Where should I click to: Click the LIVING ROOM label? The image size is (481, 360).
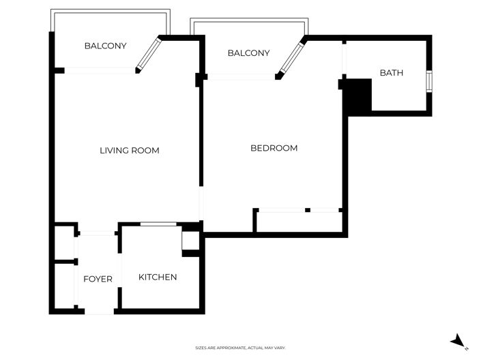[x=130, y=151]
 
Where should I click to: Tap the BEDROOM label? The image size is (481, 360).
[x=274, y=148]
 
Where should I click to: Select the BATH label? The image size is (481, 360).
[x=392, y=73]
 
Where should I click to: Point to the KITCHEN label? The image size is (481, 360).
[x=158, y=277]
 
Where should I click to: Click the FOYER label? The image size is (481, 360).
[x=98, y=279]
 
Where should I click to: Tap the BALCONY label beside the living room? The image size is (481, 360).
[x=106, y=46]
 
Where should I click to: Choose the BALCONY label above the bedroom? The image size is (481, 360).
[x=249, y=53]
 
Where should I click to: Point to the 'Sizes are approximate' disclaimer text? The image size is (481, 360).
[x=240, y=348]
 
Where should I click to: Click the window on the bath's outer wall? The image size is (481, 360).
[x=429, y=81]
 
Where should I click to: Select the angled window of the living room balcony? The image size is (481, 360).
[x=149, y=54]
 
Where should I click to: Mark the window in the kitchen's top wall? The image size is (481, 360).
[x=158, y=224]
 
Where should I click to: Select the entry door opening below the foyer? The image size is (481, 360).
[x=99, y=312]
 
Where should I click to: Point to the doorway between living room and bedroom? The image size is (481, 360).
[x=201, y=203]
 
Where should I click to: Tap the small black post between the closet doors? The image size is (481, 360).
[x=308, y=210]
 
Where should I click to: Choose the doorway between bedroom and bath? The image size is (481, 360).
[x=344, y=59]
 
